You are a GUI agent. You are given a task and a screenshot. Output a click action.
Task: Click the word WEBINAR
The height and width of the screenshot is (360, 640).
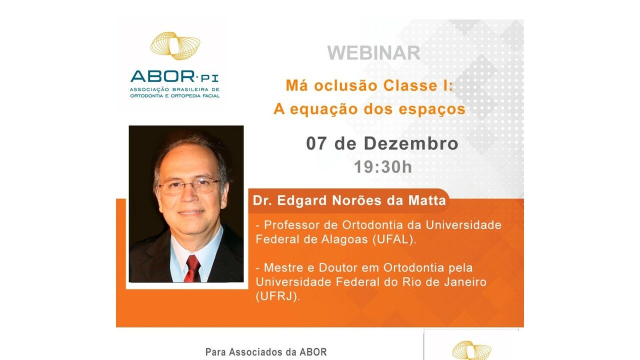(373, 53)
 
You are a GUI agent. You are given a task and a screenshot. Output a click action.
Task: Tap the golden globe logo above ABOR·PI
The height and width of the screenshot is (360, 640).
(175, 45)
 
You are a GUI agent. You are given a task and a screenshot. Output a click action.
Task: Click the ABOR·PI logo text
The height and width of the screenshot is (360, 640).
(174, 76)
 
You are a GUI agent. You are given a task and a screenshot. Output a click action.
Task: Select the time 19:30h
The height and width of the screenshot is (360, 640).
(383, 167)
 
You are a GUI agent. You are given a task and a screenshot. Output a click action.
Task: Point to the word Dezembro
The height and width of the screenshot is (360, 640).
(411, 143)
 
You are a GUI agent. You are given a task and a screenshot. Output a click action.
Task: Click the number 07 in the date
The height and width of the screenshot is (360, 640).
(316, 143)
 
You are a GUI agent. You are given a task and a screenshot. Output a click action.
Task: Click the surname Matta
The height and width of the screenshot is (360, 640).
(427, 200)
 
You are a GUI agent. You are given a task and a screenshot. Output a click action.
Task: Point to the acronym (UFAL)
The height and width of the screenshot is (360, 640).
(394, 239)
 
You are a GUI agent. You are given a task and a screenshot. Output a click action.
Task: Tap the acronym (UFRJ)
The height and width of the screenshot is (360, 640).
(277, 296)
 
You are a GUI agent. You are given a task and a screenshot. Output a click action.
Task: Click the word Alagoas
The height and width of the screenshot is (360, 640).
(344, 239)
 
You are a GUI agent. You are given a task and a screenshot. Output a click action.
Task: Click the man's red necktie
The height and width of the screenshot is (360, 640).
(192, 269)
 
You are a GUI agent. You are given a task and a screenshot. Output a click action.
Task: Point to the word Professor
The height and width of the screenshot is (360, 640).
(291, 225)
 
